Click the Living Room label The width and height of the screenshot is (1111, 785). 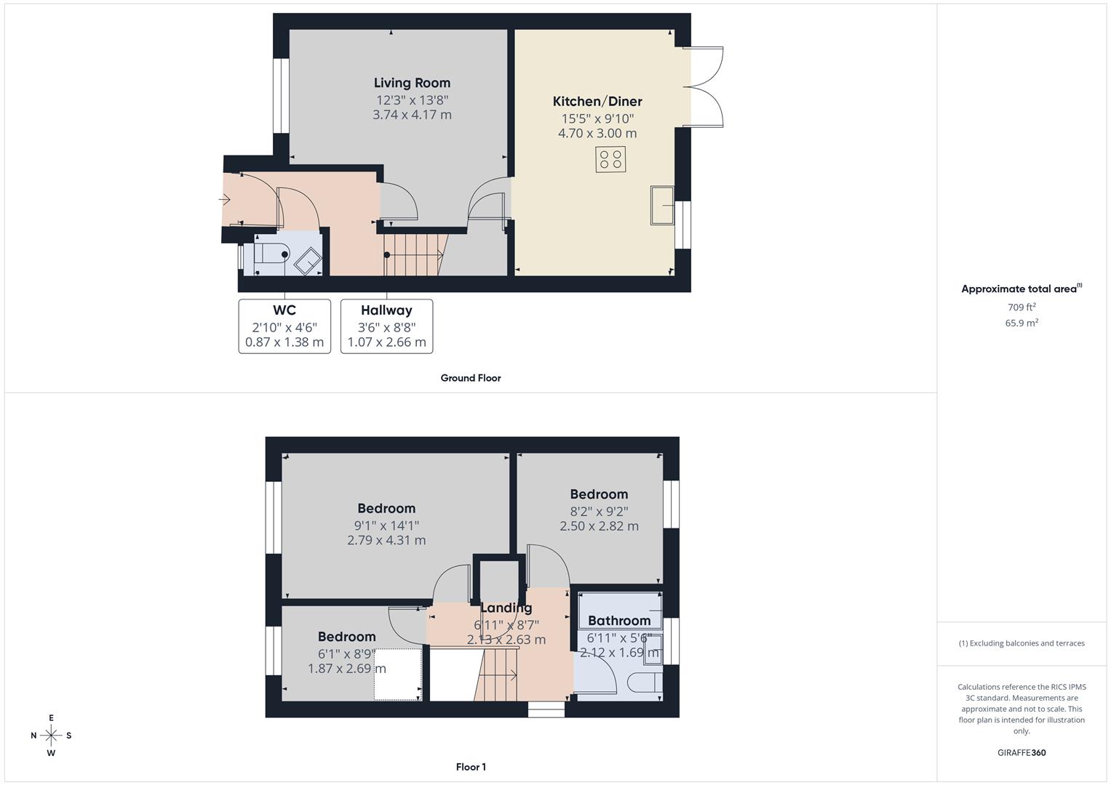point(412,83)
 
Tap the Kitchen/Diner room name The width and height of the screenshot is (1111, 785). point(597,102)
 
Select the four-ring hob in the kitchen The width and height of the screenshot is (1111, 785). point(610,159)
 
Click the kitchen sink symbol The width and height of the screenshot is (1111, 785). point(661,206)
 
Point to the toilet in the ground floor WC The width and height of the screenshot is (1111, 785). point(271,254)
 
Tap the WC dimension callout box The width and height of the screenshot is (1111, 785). point(284,326)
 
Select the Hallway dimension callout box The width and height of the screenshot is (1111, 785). point(386,326)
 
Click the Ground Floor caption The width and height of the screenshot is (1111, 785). point(471,378)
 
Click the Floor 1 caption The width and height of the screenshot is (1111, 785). point(471,767)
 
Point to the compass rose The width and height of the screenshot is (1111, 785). point(51,736)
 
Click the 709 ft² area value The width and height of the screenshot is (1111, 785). point(1022,307)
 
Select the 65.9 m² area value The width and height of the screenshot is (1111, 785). point(1022,323)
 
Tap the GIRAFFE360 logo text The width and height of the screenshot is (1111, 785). point(1022,752)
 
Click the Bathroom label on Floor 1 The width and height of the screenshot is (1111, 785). point(619,621)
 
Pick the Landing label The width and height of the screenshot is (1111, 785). point(506,608)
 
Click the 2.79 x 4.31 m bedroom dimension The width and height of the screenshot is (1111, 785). point(386,540)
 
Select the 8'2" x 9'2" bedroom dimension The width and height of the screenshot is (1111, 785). point(599,511)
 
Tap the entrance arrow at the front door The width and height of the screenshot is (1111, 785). point(224,199)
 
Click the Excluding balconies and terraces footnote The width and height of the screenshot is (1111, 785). point(1022,643)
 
